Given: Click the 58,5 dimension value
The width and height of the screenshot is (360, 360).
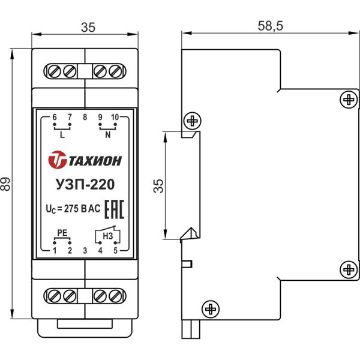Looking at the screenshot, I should coord(270,26).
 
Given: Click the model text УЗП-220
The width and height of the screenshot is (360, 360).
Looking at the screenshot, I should coord(85,185).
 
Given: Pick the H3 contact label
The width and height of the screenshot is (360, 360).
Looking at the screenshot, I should coord(108,236).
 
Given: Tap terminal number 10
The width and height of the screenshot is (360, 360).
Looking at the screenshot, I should coord(115,116).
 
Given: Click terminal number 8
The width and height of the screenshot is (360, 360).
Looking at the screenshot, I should coord(85,116).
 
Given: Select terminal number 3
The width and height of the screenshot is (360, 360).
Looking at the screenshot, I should coord(85,250).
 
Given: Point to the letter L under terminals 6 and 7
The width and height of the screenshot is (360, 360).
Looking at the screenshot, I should coord(62,135).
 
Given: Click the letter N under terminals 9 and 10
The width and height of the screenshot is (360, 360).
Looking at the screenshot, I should coord(108,135).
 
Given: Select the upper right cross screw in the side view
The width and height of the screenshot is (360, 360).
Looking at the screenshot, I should coord(347,99).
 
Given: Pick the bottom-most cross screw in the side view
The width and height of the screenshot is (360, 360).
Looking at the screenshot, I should coord(210,309).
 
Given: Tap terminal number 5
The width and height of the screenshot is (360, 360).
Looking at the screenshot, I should coord(115,250).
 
